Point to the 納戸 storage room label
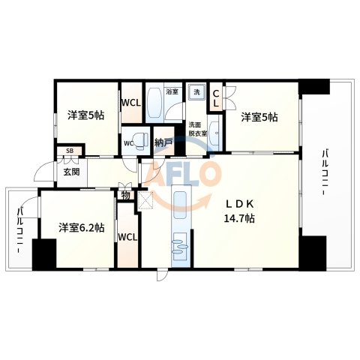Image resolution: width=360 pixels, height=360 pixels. tap(163, 142)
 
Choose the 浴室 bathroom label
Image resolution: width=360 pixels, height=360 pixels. tap(172, 91)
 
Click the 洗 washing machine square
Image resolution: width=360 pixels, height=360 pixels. tap(197, 92)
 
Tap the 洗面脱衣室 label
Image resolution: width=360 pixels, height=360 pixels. tap(196, 128)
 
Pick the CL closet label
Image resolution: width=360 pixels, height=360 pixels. tap(216, 98)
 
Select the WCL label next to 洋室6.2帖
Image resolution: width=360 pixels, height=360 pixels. tap(127, 237)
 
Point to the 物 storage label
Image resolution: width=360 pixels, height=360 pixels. tap(125, 197)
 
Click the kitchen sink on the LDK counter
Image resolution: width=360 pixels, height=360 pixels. tap(181, 246)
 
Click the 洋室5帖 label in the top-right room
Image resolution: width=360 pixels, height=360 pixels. tap(259, 117)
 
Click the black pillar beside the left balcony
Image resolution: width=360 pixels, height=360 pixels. tap(45, 253)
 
